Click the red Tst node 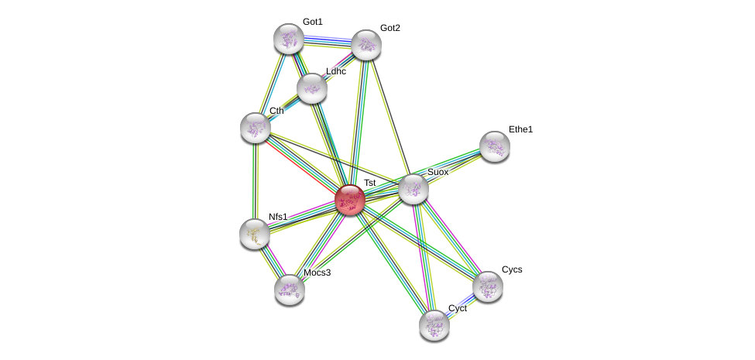point(350,200)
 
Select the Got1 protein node point(288,39)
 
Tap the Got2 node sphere point(366,45)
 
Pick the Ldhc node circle point(312,88)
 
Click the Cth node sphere point(256,128)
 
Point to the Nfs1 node point(255,234)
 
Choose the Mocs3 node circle point(290,290)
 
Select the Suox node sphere point(414,189)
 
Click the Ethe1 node point(495,146)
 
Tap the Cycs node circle point(488,286)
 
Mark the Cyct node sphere point(434,324)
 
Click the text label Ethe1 point(520,129)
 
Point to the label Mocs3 point(317,273)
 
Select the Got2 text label point(390,28)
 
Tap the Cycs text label point(512,269)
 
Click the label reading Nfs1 point(278,217)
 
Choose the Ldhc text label point(336,71)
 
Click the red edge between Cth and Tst point(302,163)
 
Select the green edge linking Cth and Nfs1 point(255,181)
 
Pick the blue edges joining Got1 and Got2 point(327,39)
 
